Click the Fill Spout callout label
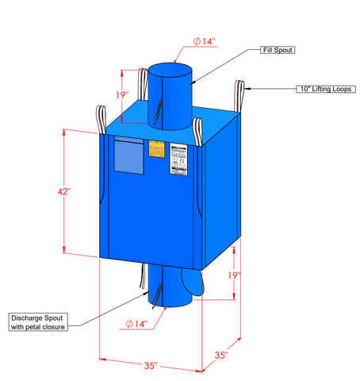coord(279,50)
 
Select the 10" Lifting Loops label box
coord(325,89)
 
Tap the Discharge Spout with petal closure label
coord(38,321)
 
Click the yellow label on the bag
coord(156,148)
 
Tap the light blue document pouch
coord(128,156)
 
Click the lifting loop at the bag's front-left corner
coord(101,119)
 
